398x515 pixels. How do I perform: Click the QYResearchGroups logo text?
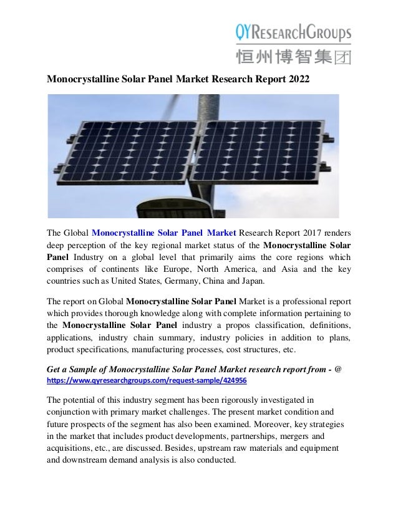pyautogui.click(x=293, y=31)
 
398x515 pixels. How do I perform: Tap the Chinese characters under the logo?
pyautogui.click(x=293, y=57)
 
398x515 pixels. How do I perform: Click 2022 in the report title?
pyautogui.click(x=297, y=80)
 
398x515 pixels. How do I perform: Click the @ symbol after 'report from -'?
pyautogui.click(x=337, y=368)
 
